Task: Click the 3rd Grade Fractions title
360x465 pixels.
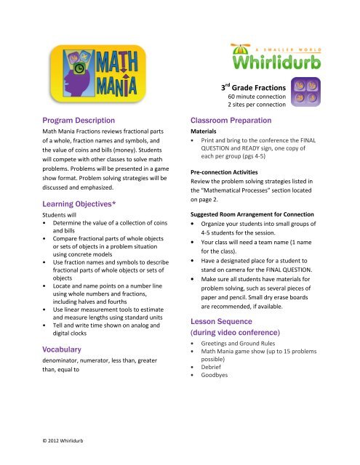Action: point(252,88)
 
